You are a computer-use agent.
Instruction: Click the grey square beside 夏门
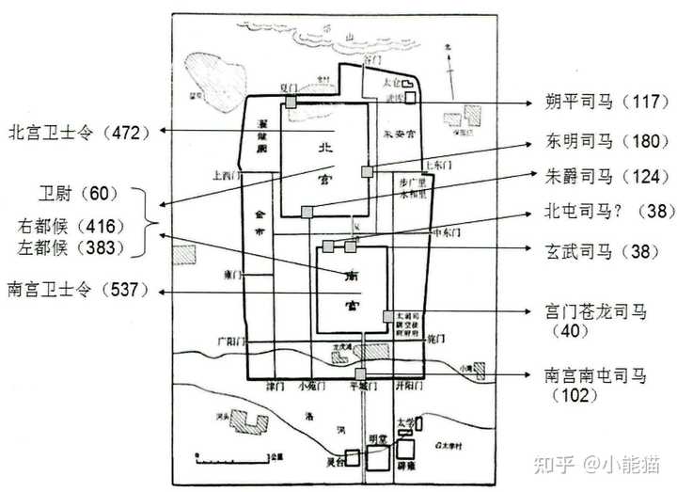[291, 101]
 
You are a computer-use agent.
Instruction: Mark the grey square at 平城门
[361, 373]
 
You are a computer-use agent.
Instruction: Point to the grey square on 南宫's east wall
[387, 316]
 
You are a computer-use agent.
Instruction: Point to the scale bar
[235, 460]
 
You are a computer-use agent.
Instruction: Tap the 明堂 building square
[378, 457]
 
